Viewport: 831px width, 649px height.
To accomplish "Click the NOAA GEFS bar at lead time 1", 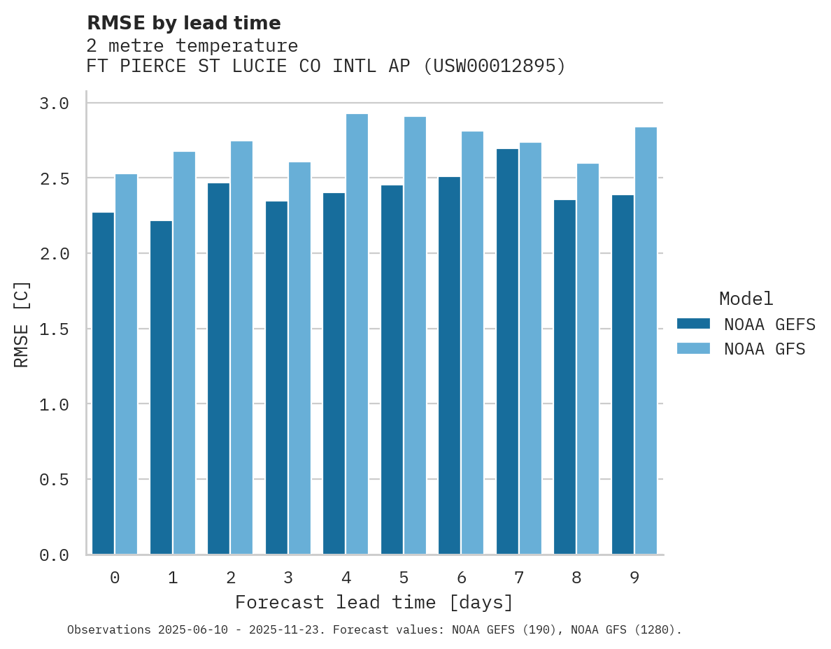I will coord(161,387).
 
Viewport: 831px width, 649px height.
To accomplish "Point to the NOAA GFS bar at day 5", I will coord(415,336).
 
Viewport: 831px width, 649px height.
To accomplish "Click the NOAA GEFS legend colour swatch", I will coord(693,324).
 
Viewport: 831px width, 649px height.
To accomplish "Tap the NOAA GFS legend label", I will coord(765,349).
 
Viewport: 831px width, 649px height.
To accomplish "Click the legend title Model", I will coord(746,299).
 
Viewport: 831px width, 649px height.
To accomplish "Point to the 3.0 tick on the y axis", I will coord(54,104).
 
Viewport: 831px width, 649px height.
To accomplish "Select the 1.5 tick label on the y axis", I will coord(54,329).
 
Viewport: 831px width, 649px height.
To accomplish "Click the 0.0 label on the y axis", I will coord(54,555).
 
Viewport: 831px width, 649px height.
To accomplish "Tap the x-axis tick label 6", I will coord(461,578).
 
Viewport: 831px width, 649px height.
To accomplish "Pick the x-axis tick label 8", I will coord(576,578).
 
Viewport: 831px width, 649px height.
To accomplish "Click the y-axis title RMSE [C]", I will coord(22,324).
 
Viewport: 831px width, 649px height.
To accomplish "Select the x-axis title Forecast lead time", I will coord(374,602).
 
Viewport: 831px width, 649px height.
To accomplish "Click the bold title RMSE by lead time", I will coord(183,23).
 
